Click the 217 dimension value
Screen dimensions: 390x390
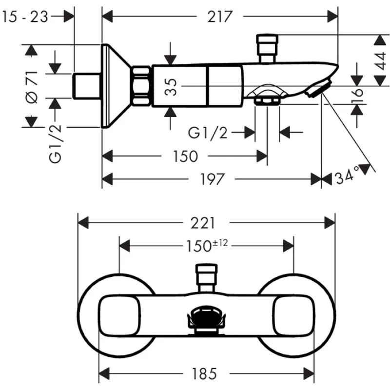point(219,17)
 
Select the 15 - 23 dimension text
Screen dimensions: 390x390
point(25,17)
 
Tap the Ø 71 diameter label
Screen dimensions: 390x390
point(32,86)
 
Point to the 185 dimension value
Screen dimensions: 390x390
point(205,374)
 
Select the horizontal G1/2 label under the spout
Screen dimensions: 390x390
point(208,132)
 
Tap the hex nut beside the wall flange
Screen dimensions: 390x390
point(142,86)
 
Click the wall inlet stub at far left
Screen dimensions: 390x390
point(87,86)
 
